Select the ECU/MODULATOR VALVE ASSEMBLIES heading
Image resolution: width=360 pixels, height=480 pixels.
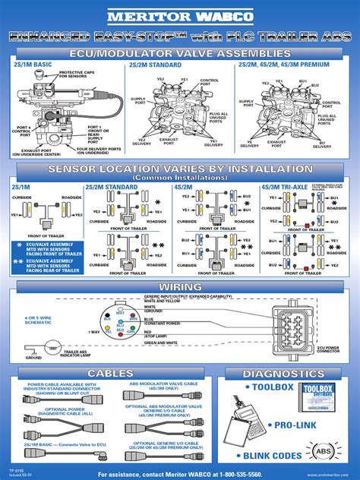(180, 54)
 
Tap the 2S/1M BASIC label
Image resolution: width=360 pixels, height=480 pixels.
(33, 65)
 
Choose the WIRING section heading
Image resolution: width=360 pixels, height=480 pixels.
(180, 286)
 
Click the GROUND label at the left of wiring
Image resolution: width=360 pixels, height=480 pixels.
(33, 357)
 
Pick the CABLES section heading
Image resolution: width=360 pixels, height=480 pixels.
(109, 374)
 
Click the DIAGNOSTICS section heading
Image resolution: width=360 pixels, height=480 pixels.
(288, 374)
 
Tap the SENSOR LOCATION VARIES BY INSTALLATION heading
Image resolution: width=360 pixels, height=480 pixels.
(180, 169)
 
